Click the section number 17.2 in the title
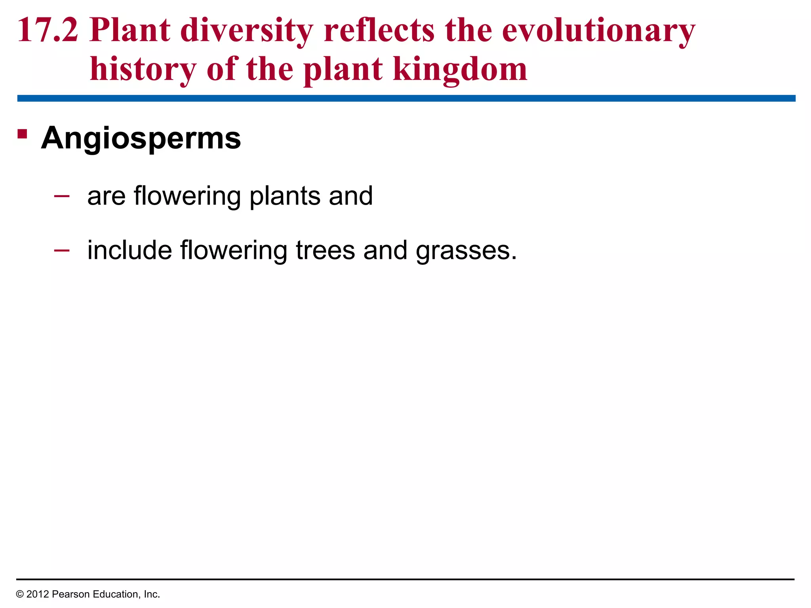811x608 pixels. click(48, 30)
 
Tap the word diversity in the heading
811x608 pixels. click(246, 30)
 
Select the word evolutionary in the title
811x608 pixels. click(598, 30)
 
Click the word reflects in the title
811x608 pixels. click(379, 30)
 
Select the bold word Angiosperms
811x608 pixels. click(141, 139)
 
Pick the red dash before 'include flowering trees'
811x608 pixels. click(62, 250)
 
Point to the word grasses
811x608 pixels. click(466, 251)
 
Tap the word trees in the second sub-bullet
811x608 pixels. click(326, 251)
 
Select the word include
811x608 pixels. click(129, 251)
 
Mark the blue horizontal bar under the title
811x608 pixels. click(406, 98)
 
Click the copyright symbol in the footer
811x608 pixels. click(20, 594)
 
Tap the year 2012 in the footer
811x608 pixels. click(38, 594)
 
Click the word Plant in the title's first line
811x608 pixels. click(130, 30)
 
